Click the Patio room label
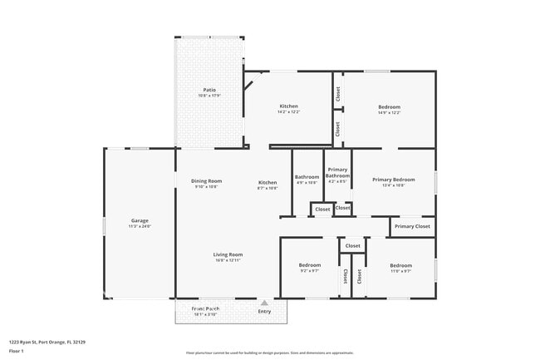(210, 90)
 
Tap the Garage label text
(139, 220)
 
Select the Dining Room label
(207, 181)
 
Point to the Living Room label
(228, 254)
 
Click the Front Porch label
(205, 308)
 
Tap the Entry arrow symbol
(264, 303)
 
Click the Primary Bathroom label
(337, 173)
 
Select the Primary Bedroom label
(393, 180)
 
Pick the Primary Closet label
(412, 226)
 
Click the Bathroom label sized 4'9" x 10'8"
(307, 177)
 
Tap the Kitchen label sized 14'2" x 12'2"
(288, 106)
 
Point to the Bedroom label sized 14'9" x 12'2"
(389, 106)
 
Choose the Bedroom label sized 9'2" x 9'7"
(309, 265)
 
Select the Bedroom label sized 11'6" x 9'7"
(401, 265)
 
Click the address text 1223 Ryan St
(47, 342)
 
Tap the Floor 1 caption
(17, 351)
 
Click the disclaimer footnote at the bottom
(269, 353)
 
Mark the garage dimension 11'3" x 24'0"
(139, 226)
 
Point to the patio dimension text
(210, 96)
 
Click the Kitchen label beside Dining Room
(268, 182)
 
